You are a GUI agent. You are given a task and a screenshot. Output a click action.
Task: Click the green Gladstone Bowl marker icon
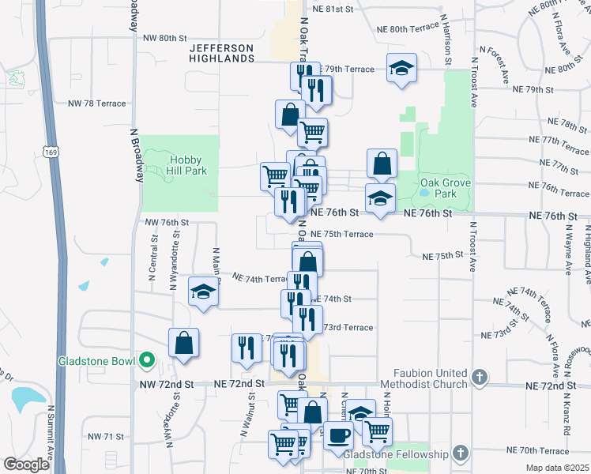pyautogui.click(x=146, y=362)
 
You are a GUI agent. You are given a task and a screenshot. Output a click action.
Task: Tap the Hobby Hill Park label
pyautogui.click(x=183, y=164)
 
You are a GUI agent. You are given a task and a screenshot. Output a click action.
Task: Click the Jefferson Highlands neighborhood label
pyautogui.click(x=221, y=53)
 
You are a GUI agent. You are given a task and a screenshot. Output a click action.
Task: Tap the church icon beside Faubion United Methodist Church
pyautogui.click(x=480, y=378)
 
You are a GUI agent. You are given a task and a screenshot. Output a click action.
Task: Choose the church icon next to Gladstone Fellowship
pyautogui.click(x=462, y=453)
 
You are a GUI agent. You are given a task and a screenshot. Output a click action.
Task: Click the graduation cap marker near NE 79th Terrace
pyautogui.click(x=401, y=67)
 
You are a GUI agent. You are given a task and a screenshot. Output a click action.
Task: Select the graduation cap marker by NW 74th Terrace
pyautogui.click(x=203, y=291)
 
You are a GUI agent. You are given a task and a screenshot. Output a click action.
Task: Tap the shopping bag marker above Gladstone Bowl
pyautogui.click(x=183, y=344)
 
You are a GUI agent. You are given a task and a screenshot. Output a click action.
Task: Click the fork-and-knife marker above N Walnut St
pyautogui.click(x=247, y=348)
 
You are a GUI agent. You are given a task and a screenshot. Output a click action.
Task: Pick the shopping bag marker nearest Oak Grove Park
pyautogui.click(x=382, y=164)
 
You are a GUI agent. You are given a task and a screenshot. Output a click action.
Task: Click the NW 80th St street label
pyautogui.click(x=164, y=37)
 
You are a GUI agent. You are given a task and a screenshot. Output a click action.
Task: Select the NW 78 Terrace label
pyautogui.click(x=97, y=103)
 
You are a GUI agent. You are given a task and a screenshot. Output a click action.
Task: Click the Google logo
pyautogui.click(x=26, y=465)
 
